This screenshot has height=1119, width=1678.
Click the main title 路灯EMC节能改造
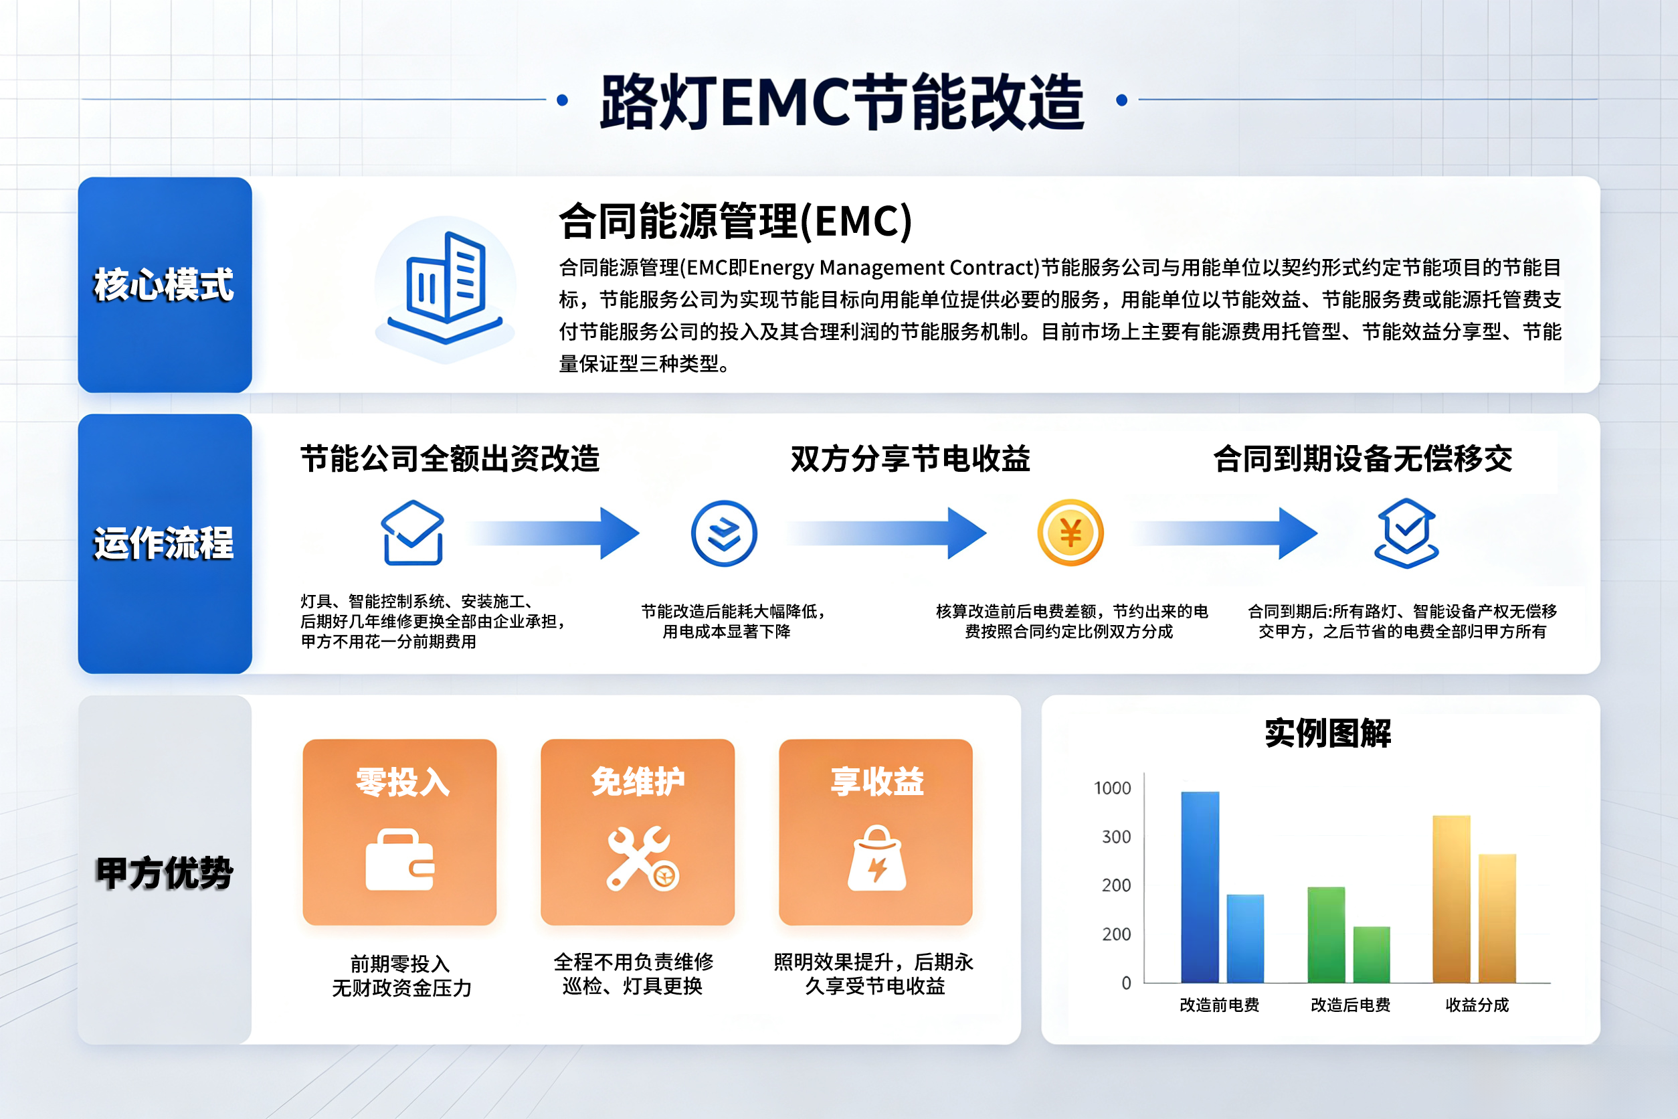pyautogui.click(x=842, y=101)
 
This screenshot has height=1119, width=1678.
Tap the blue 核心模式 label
pyautogui.click(x=164, y=284)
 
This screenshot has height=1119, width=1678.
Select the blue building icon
pyautogui.click(x=445, y=287)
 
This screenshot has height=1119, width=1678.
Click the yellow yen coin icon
pyautogui.click(x=1070, y=532)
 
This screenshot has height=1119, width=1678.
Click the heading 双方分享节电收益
pyautogui.click(x=911, y=458)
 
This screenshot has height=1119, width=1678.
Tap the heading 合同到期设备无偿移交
pyautogui.click(x=1363, y=458)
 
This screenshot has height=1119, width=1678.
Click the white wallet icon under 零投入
pyautogui.click(x=399, y=860)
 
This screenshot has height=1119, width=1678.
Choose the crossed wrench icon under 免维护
pyautogui.click(x=642, y=859)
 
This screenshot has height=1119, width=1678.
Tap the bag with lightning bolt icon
pyautogui.click(x=877, y=858)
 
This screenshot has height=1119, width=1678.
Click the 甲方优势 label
pyautogui.click(x=164, y=873)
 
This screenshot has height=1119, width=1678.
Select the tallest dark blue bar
pyautogui.click(x=1200, y=887)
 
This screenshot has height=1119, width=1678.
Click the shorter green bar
pyautogui.click(x=1371, y=955)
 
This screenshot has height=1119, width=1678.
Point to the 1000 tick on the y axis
pyautogui.click(x=1112, y=788)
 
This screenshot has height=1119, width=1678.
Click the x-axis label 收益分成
pyautogui.click(x=1477, y=1005)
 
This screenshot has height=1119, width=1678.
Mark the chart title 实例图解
pyautogui.click(x=1327, y=733)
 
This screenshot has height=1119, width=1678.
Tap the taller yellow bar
pyautogui.click(x=1451, y=899)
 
